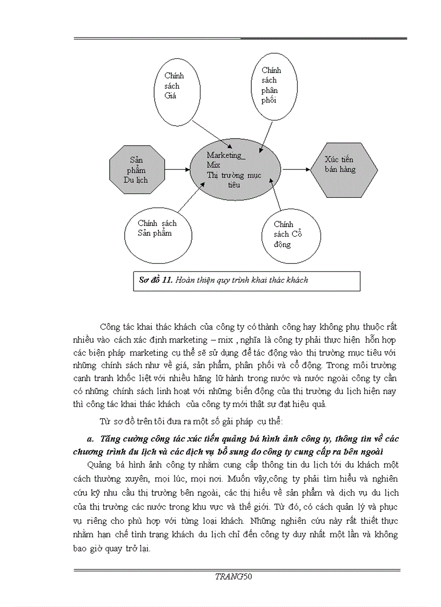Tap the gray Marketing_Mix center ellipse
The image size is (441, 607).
tap(235, 169)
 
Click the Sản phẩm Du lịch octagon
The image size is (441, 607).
tap(137, 170)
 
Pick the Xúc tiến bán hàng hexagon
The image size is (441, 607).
tap(344, 169)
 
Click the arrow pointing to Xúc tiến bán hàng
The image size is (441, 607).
tap(296, 169)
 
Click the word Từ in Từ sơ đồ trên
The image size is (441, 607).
tap(105, 421)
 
